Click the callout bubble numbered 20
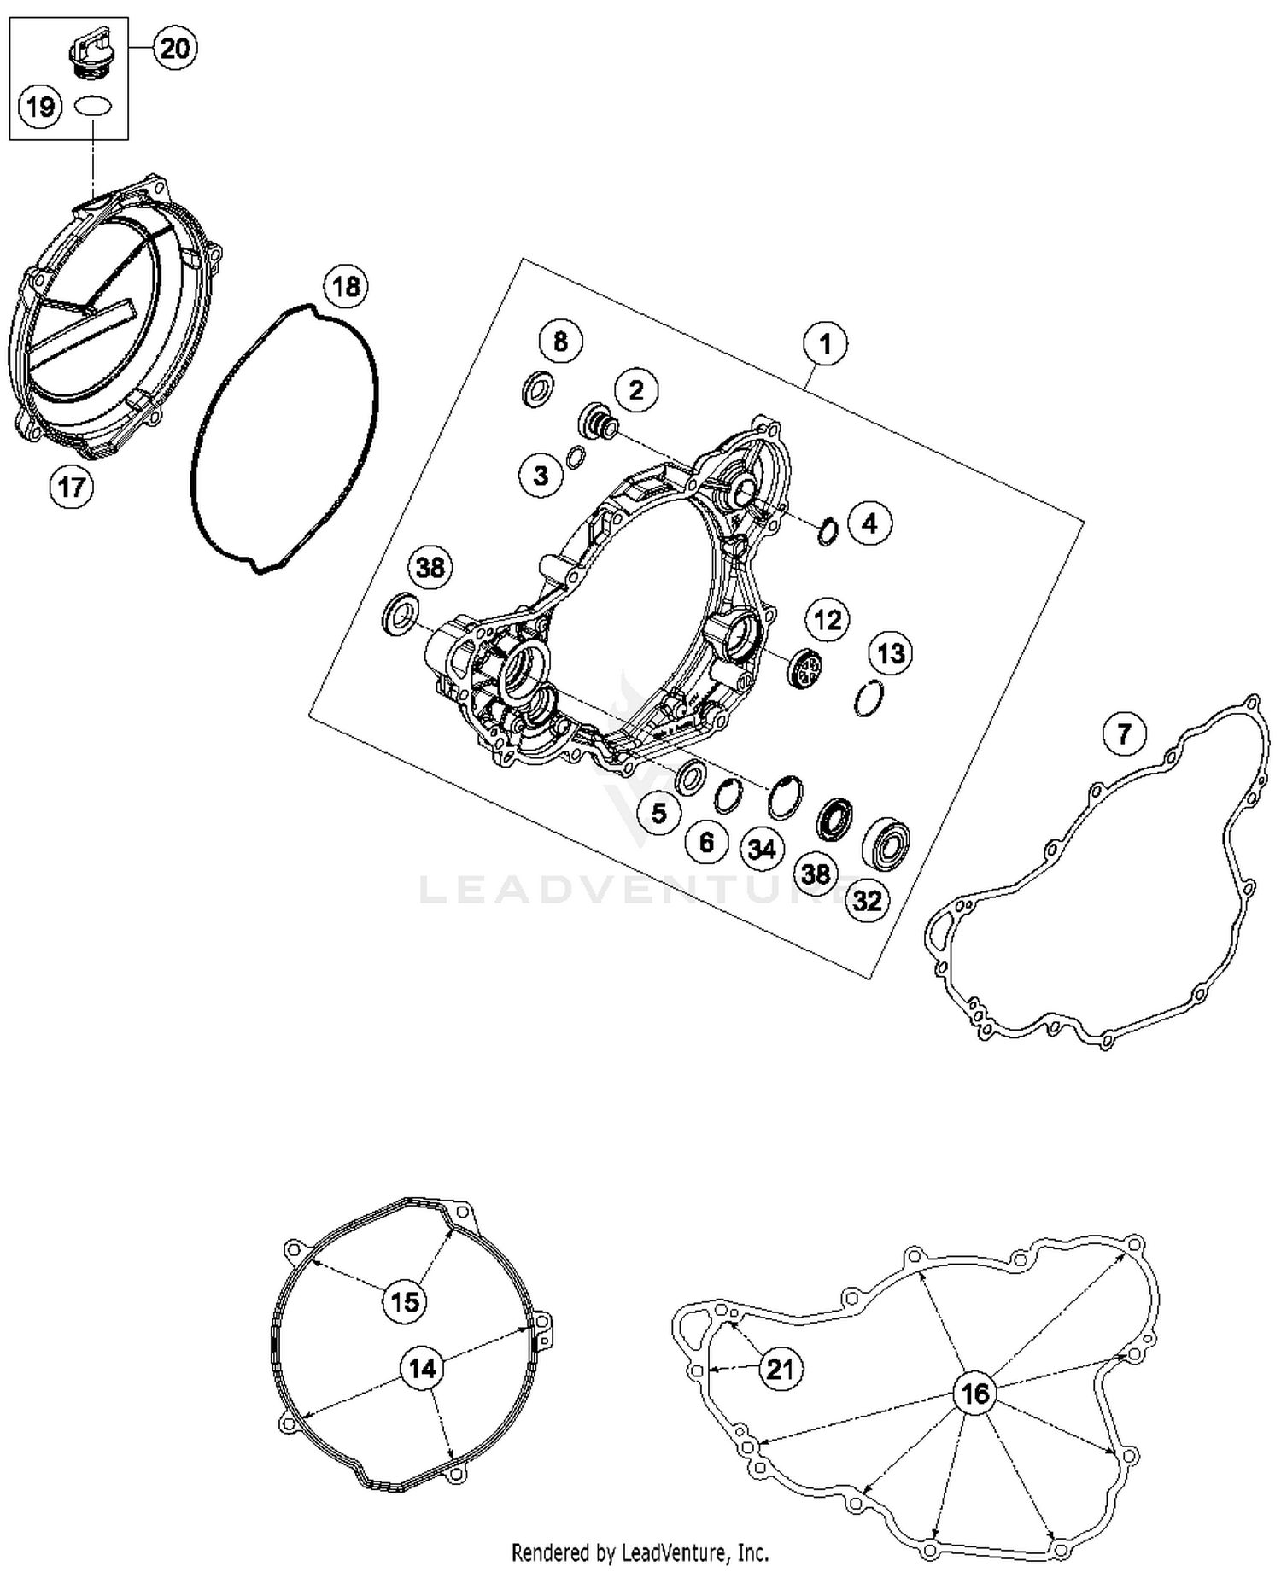(174, 48)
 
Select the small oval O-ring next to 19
(92, 107)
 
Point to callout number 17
(71, 487)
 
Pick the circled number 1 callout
(824, 344)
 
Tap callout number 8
(560, 342)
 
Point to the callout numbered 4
(869, 523)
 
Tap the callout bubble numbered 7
(1124, 733)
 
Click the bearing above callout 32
(886, 841)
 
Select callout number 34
(762, 849)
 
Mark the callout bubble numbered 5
(658, 812)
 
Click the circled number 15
(405, 1301)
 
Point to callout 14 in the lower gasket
(422, 1369)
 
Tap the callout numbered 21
(780, 1369)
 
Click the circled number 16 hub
(974, 1394)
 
